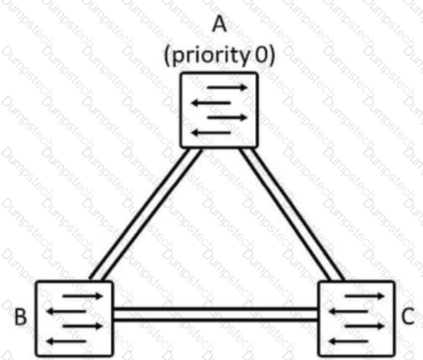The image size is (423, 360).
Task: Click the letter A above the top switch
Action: point(219,24)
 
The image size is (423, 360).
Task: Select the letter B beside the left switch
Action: point(20,316)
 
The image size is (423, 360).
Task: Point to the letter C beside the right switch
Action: point(407,316)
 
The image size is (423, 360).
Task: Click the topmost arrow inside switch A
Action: point(227,87)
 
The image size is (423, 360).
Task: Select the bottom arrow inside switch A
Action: point(211,132)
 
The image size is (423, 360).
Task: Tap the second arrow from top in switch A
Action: point(211,103)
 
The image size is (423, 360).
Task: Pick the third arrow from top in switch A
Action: point(227,118)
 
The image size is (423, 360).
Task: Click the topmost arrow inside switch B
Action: point(82,296)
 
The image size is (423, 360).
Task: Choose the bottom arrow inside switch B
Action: point(66,342)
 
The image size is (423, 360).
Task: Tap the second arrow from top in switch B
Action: point(66,311)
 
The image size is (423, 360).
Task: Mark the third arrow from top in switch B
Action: point(82,326)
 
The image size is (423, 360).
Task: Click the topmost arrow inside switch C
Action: point(364,296)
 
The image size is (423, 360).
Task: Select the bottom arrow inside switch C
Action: point(348,342)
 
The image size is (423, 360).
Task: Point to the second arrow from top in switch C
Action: point(348,311)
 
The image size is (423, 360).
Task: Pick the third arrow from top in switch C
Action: point(364,326)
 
